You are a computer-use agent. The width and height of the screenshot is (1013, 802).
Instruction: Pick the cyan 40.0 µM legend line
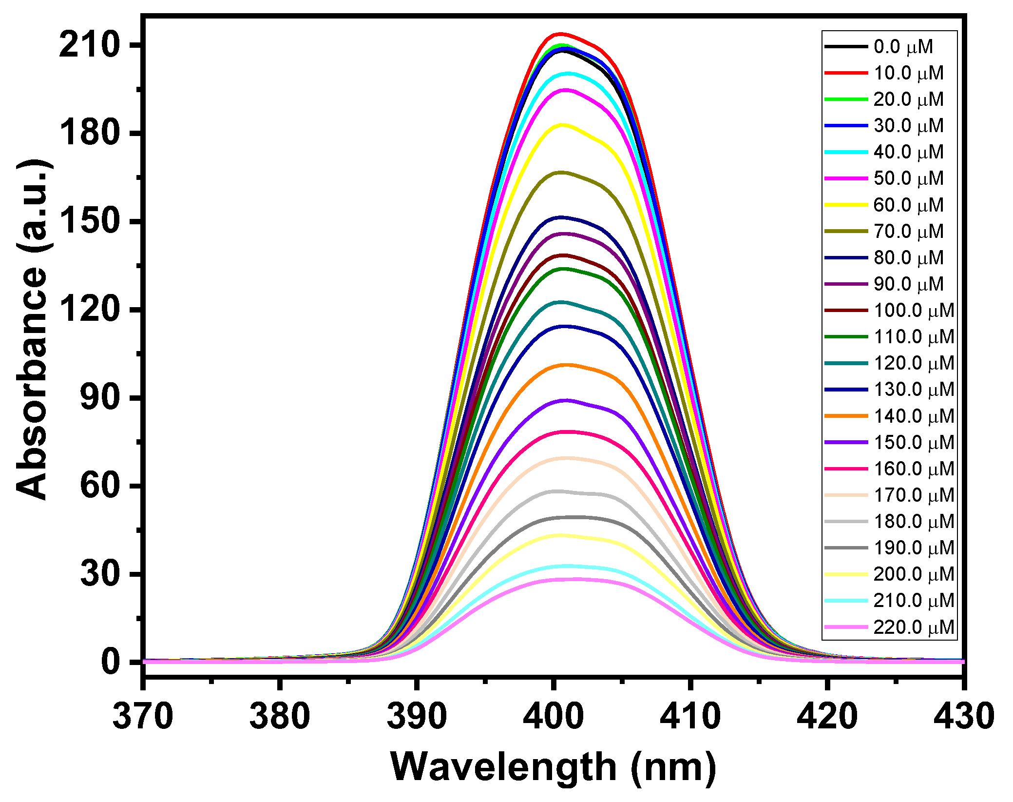(x=846, y=152)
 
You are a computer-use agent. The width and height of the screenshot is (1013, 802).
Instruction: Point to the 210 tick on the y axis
(x=89, y=45)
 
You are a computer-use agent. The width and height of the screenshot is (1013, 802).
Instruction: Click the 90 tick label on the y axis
(x=99, y=398)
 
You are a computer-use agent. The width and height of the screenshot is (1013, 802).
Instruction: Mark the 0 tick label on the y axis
(x=110, y=662)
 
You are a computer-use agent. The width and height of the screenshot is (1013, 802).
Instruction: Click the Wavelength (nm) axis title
(x=553, y=767)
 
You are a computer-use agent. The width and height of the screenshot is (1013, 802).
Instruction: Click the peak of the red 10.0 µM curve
(x=560, y=34)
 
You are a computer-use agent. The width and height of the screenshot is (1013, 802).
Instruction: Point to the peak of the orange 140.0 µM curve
(x=564, y=365)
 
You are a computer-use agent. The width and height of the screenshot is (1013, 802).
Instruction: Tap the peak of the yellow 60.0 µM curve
(x=562, y=125)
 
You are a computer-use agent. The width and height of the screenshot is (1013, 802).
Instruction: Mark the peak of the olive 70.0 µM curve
(x=561, y=172)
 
